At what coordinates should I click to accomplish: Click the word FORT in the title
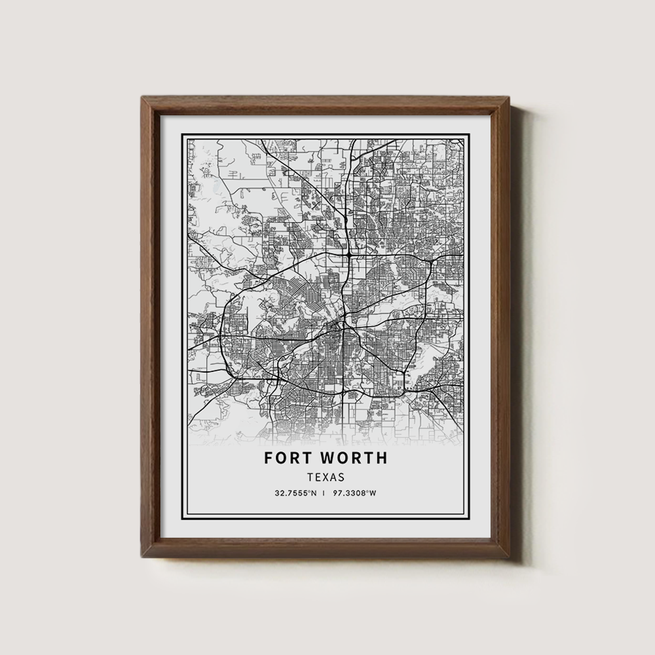coord(288,458)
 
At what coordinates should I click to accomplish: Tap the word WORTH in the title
coord(353,458)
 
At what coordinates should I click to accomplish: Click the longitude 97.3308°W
coord(354,493)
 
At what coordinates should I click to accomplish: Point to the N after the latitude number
coord(315,493)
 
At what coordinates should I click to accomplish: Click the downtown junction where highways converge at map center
coord(343,326)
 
